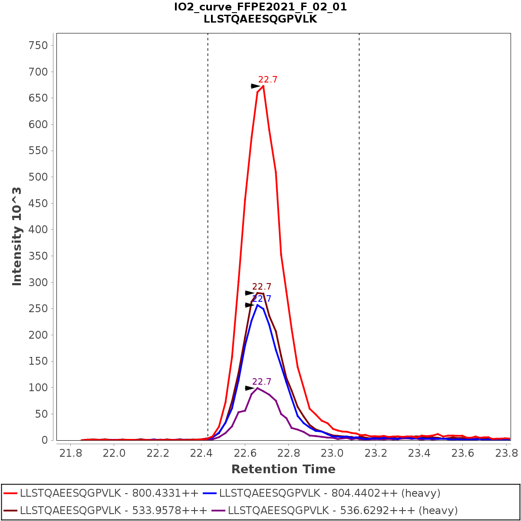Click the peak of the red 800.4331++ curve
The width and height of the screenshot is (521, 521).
[263, 86]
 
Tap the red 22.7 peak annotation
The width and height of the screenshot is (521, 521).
[267, 79]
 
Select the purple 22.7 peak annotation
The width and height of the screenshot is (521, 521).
[261, 382]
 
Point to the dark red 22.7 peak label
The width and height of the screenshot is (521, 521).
[261, 287]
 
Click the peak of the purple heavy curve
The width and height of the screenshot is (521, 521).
[257, 388]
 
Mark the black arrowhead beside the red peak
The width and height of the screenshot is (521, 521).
[255, 86]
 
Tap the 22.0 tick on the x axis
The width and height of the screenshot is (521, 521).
[114, 453]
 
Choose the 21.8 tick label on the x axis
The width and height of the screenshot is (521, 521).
[70, 453]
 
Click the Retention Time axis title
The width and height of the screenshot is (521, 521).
[283, 469]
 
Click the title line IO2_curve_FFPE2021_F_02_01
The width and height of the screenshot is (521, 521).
[260, 7]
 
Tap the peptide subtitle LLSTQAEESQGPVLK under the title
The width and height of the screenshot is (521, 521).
[260, 19]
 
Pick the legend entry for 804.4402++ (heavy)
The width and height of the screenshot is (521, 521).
[330, 493]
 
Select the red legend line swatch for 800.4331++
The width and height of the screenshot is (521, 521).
[10, 493]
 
